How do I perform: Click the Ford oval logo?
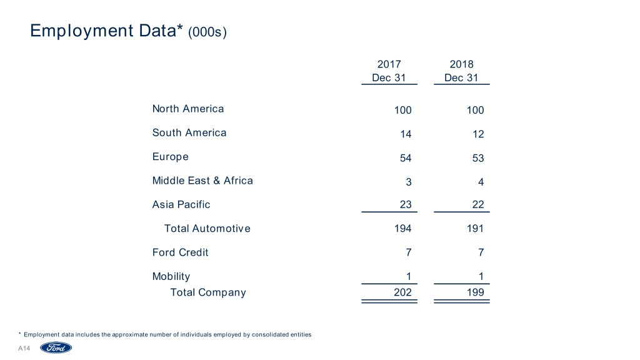coord(56,348)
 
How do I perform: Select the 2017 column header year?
coord(389,64)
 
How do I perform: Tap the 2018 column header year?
coord(461,64)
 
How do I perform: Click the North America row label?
coord(187,109)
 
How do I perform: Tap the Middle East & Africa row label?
coord(202,181)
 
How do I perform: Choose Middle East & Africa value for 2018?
coord(480,182)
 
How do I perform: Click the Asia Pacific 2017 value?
coord(406,204)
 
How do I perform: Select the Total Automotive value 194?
coord(402,229)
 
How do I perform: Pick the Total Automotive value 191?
coord(474,229)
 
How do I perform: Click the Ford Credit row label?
coord(180,252)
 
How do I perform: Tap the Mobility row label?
coord(171,276)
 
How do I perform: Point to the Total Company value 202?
coord(402,292)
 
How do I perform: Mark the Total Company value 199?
coord(474,292)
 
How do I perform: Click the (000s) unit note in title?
coord(207,31)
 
